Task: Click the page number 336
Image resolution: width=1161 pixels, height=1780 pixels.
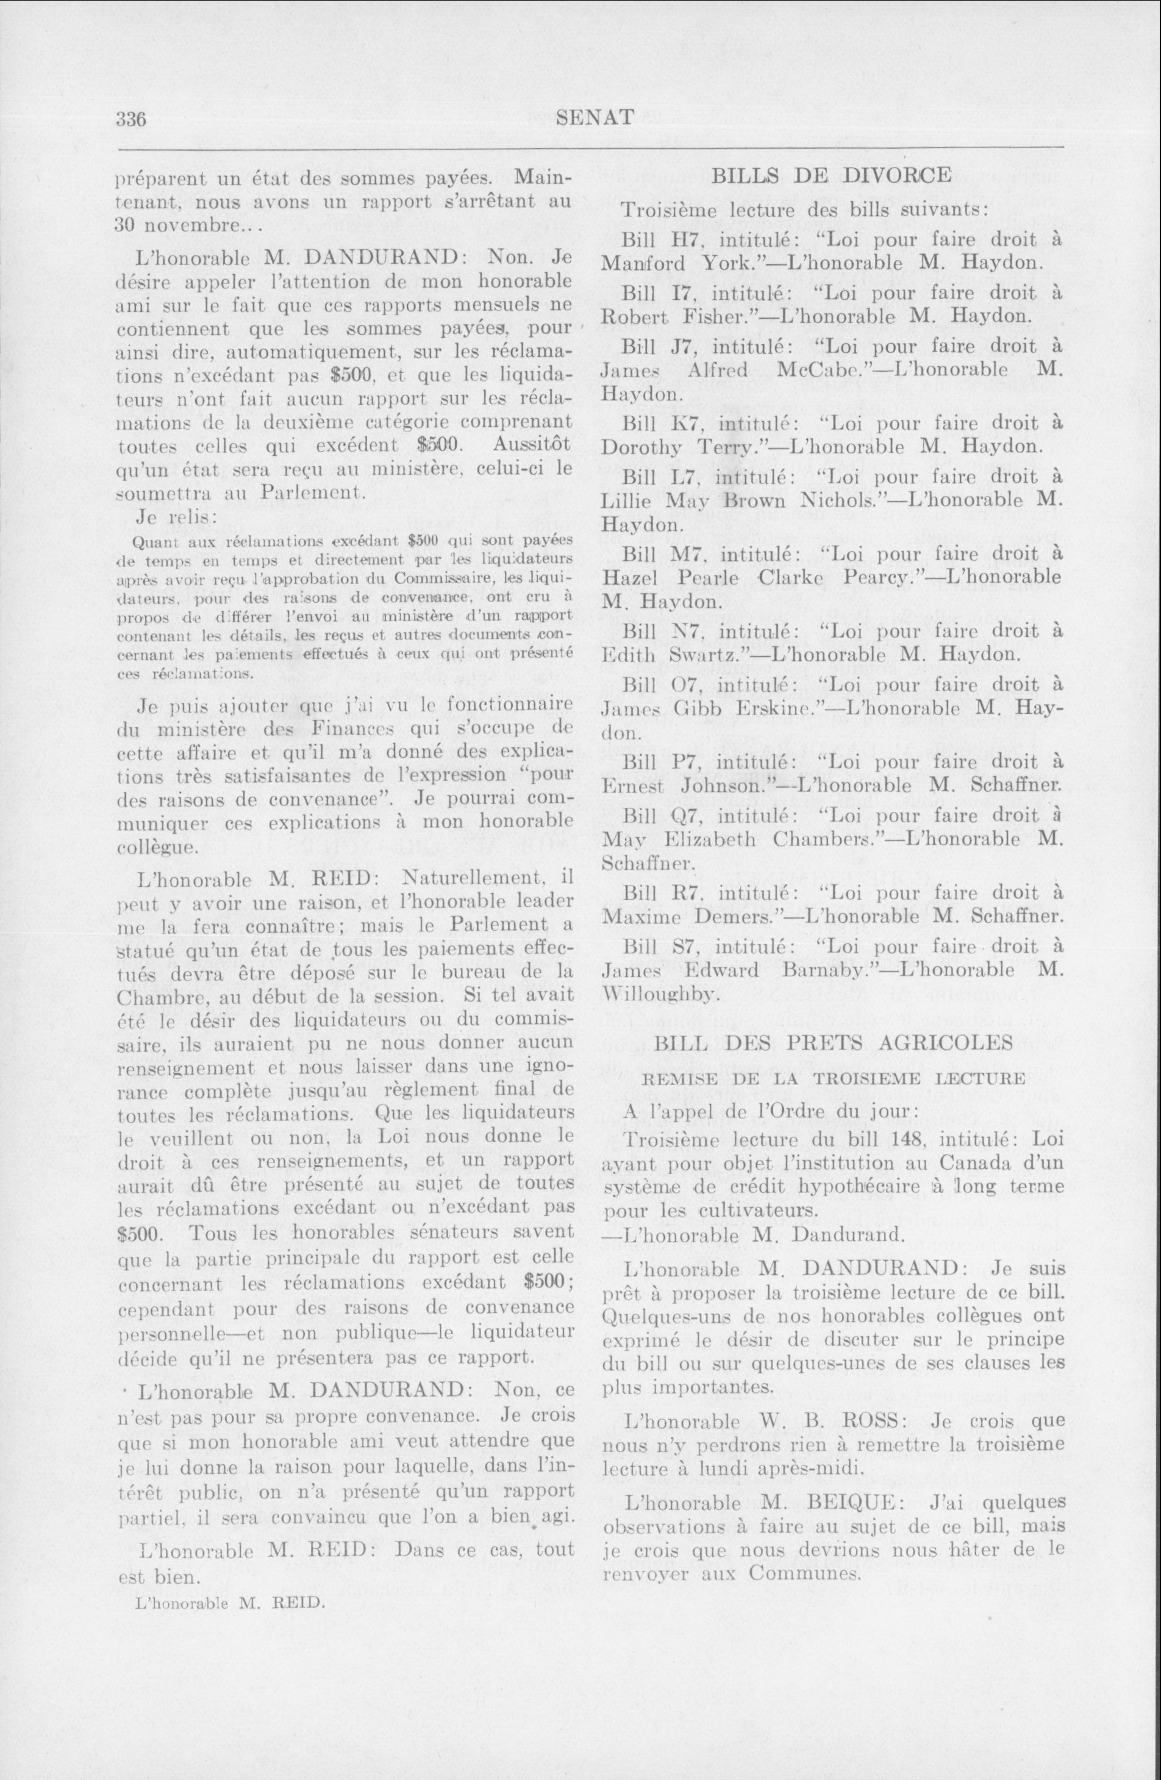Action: (x=129, y=118)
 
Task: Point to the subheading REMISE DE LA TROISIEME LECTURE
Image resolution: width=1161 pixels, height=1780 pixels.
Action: (x=834, y=1078)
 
